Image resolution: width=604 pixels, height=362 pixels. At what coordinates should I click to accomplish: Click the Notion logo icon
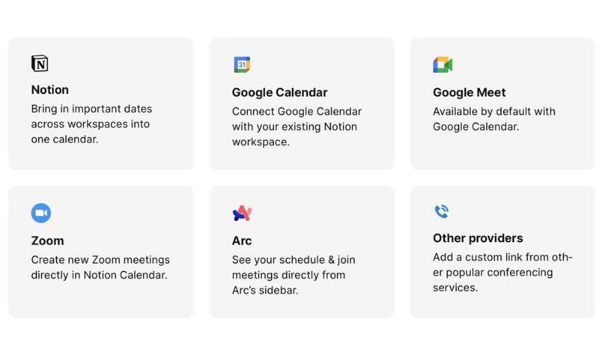(x=39, y=63)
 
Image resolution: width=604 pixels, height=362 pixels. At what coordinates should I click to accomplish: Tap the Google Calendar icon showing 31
(x=242, y=65)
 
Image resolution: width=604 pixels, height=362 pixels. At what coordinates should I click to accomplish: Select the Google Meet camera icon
(x=442, y=65)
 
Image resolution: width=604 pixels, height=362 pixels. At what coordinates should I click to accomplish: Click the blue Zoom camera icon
(x=41, y=213)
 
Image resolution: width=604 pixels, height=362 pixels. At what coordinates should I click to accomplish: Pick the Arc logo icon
(x=242, y=213)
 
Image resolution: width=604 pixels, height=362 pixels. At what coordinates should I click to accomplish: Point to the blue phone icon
(x=442, y=211)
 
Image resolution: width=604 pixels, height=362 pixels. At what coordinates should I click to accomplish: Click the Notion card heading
(x=50, y=90)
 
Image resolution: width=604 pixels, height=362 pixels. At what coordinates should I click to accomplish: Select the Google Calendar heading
(x=280, y=92)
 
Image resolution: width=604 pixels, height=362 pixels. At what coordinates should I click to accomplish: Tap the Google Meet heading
(x=469, y=92)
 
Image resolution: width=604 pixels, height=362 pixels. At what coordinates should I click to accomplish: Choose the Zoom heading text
(x=48, y=241)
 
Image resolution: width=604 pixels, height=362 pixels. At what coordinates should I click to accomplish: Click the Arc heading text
(x=242, y=241)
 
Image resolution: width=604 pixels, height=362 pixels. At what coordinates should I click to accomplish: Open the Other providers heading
(x=478, y=238)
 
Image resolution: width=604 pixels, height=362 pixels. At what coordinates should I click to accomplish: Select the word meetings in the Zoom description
(x=146, y=260)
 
